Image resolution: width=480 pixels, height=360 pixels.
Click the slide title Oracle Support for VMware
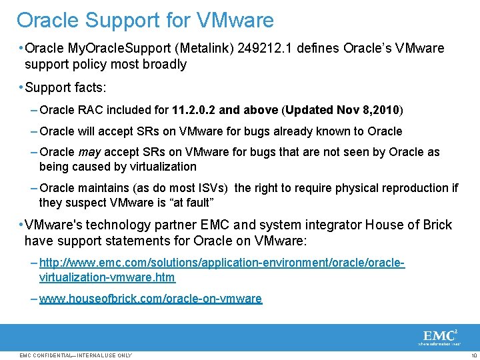[x=145, y=20]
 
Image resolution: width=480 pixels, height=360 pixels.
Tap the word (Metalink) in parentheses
[x=201, y=49]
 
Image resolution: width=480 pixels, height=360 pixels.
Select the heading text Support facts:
[x=66, y=87]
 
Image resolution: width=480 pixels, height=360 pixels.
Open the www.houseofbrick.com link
[x=151, y=299]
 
